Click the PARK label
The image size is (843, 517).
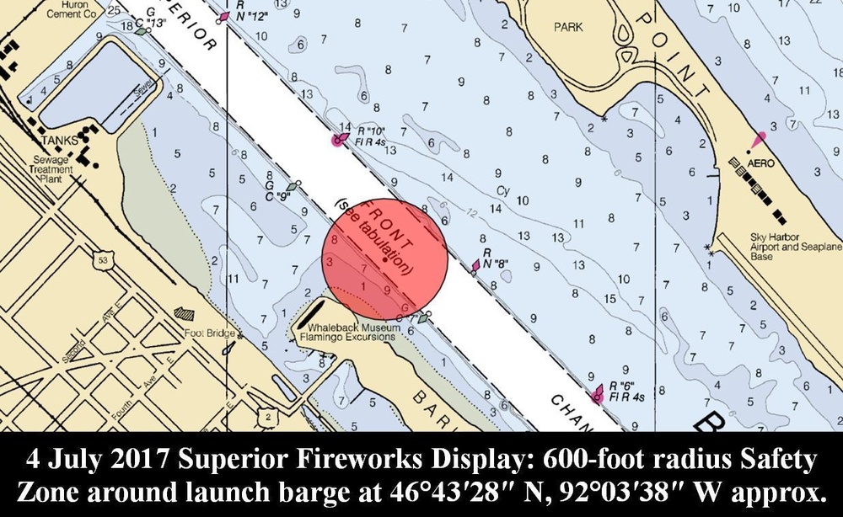click(x=568, y=27)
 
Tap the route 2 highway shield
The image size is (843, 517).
click(x=267, y=417)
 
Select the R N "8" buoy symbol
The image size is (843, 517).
click(x=476, y=265)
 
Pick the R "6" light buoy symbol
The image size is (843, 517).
click(x=599, y=392)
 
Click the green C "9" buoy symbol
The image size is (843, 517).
click(x=293, y=186)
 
